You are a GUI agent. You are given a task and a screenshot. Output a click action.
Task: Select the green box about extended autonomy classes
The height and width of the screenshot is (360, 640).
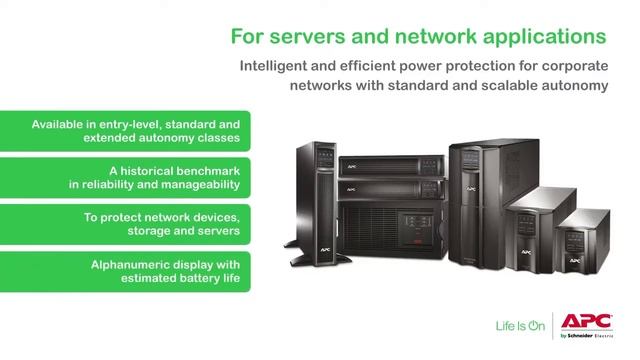pos(125,131)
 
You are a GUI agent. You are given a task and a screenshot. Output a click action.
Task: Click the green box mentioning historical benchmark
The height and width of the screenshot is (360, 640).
pos(125,177)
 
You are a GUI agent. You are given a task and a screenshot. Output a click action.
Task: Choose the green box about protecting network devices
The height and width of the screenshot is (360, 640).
pos(125,223)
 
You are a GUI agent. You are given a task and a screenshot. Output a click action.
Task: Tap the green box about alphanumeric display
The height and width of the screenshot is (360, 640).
pos(125,270)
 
